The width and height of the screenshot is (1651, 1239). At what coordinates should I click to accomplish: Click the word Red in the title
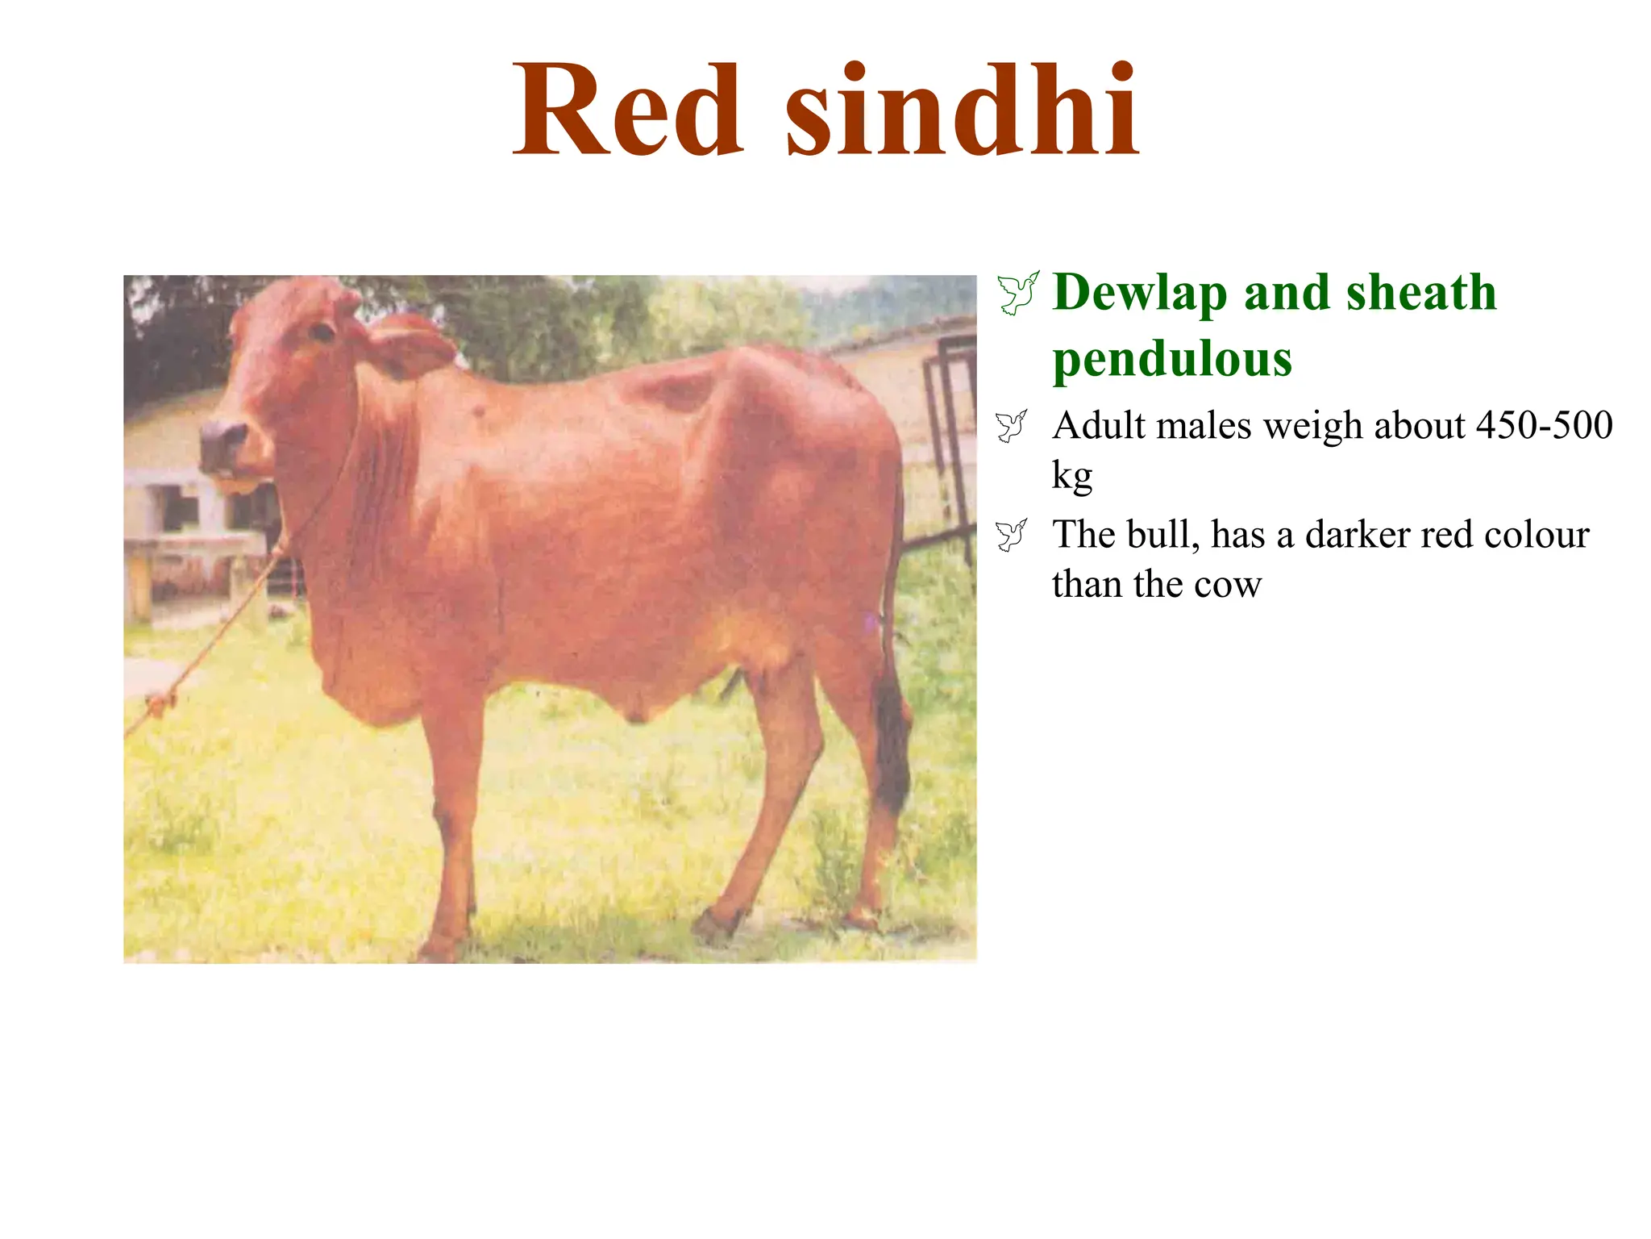pyautogui.click(x=627, y=111)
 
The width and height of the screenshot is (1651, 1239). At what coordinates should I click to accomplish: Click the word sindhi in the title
pyautogui.click(x=962, y=111)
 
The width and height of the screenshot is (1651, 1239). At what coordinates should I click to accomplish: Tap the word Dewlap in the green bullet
pyautogui.click(x=1140, y=292)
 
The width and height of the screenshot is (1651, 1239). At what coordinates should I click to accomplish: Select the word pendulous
pyautogui.click(x=1172, y=359)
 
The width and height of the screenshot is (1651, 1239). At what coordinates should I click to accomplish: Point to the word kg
pyautogui.click(x=1071, y=476)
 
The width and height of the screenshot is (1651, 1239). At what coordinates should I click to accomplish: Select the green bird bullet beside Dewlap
pyautogui.click(x=1018, y=293)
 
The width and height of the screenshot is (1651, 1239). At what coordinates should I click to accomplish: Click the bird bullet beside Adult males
pyautogui.click(x=1012, y=426)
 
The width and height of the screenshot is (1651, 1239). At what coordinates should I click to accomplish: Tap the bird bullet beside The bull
pyautogui.click(x=1012, y=535)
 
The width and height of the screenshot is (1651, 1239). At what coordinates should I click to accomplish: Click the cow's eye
pyautogui.click(x=322, y=332)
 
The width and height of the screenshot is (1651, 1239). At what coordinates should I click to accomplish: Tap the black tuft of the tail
pyautogui.click(x=892, y=742)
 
